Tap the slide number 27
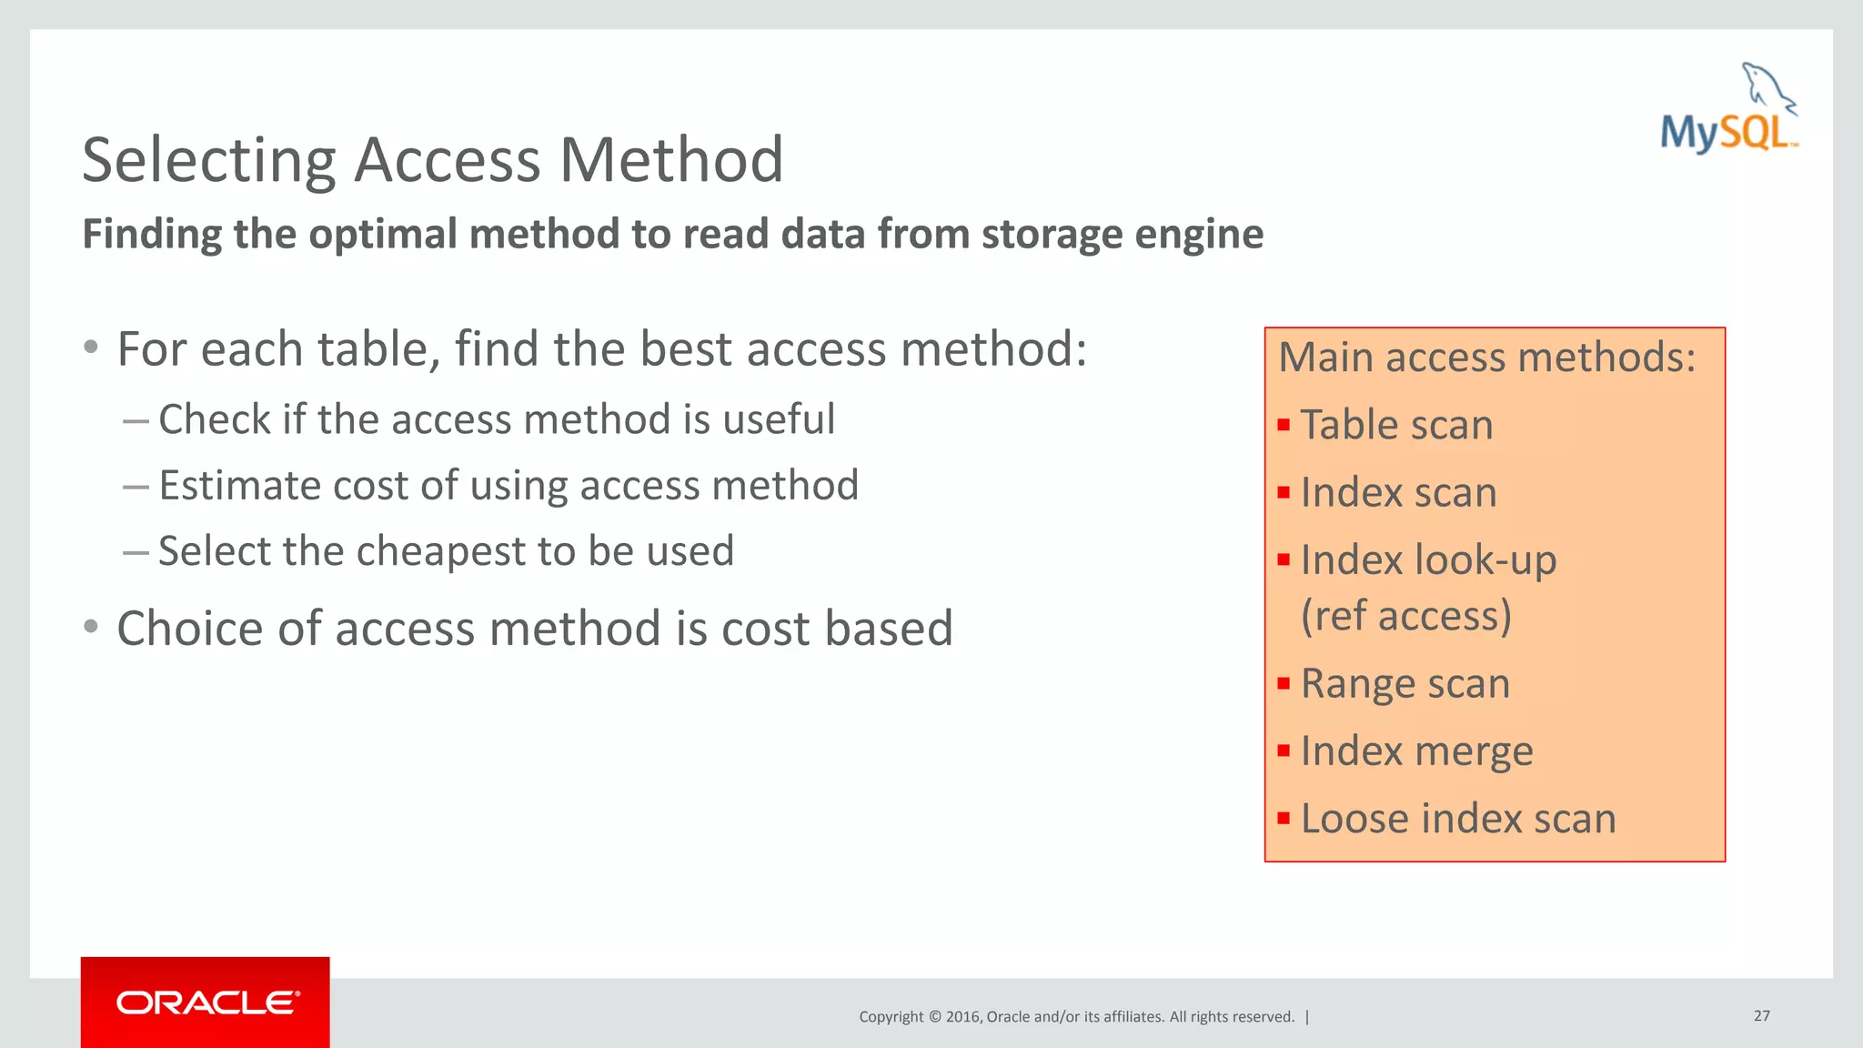click(x=1761, y=1015)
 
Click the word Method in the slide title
click(x=670, y=160)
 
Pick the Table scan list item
click(x=1396, y=425)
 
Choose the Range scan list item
click(x=1405, y=683)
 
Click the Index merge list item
click(x=1416, y=751)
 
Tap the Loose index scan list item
click(x=1457, y=819)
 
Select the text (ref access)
click(x=1405, y=616)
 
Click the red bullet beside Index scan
click(x=1284, y=493)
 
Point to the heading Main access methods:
click(x=1486, y=357)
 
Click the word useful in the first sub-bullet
click(x=779, y=419)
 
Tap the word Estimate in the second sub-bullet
click(x=239, y=485)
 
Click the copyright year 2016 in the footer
click(x=962, y=1017)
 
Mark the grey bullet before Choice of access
click(x=91, y=627)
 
